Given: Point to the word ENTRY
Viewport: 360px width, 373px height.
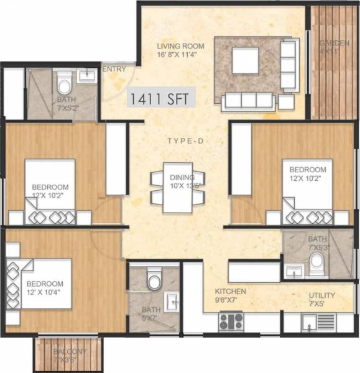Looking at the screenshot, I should click(116, 68).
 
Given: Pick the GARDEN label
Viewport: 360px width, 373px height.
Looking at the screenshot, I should click(335, 44).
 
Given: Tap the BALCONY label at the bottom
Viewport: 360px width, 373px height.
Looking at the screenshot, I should click(70, 351).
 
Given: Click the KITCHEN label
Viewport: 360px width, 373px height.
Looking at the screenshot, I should click(231, 292).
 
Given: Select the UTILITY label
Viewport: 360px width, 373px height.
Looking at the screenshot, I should click(322, 295).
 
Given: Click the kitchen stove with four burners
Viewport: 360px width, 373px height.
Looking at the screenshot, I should click(231, 321).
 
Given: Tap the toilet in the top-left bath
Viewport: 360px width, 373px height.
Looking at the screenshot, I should click(63, 81).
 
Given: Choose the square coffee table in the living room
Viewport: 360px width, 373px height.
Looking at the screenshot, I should click(246, 61).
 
